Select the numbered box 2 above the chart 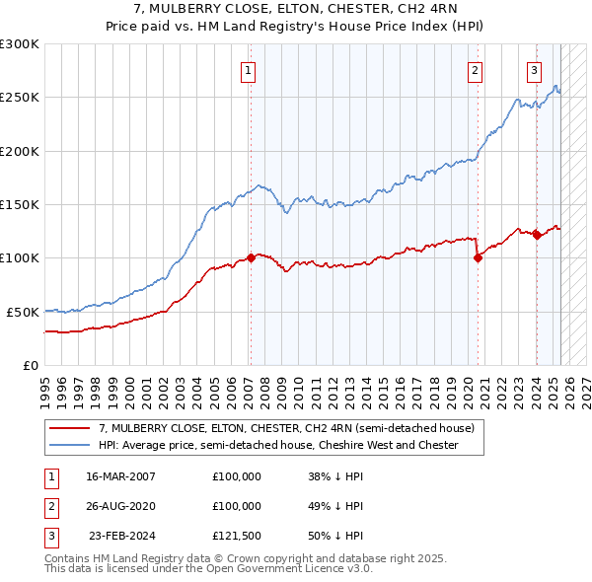pyautogui.click(x=475, y=70)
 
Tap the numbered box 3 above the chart pyautogui.click(x=534, y=70)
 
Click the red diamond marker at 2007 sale pyautogui.click(x=251, y=257)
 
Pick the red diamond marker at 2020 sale pyautogui.click(x=478, y=258)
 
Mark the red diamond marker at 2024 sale pyautogui.click(x=537, y=235)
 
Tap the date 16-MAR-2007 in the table pyautogui.click(x=121, y=475)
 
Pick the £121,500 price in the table pyautogui.click(x=237, y=537)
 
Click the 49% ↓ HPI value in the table pyautogui.click(x=335, y=506)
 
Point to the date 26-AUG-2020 pyautogui.click(x=121, y=506)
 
